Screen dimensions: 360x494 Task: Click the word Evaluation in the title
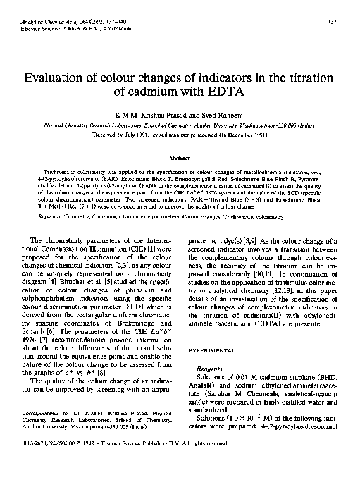click(58, 79)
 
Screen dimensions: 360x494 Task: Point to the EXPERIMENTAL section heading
click(213, 350)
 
